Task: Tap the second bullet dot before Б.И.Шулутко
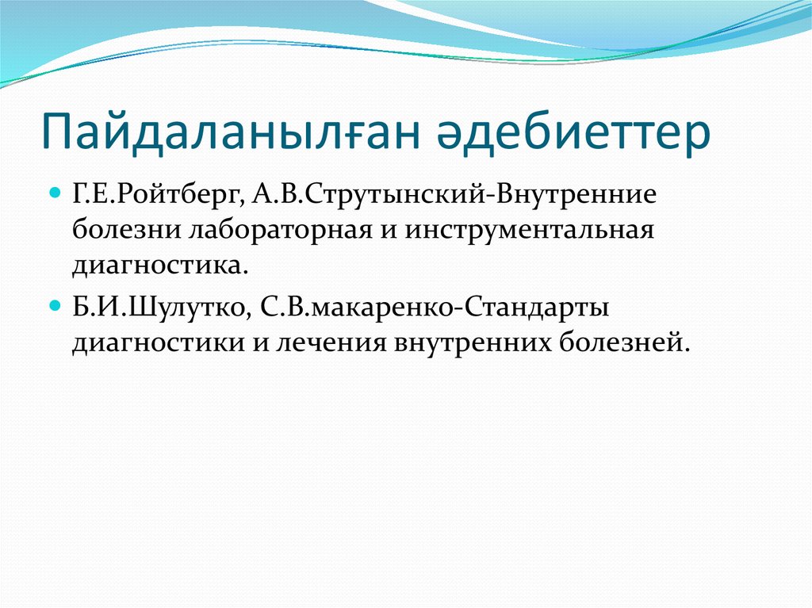pyautogui.click(x=56, y=304)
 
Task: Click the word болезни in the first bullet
pyautogui.click(x=126, y=231)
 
